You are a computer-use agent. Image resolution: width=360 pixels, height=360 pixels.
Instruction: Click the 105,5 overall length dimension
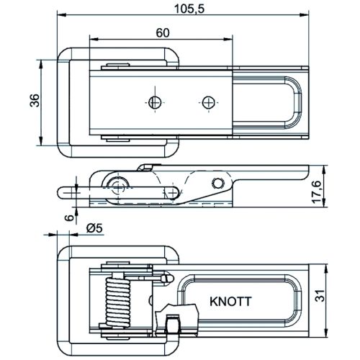coord(189,9)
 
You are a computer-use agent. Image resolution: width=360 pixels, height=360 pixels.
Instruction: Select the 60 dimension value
coord(163,33)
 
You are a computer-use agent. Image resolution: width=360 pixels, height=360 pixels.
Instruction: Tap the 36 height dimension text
coord(35,100)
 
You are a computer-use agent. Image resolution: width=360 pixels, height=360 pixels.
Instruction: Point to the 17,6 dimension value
coord(317,192)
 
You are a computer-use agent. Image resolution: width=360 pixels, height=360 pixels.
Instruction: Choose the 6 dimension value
coord(70,217)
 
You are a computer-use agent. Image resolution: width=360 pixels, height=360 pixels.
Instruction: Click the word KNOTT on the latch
coord(230,302)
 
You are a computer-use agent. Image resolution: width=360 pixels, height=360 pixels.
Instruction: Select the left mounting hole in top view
coord(155,102)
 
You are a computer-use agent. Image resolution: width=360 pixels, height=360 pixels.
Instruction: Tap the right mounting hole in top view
coord(208,102)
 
